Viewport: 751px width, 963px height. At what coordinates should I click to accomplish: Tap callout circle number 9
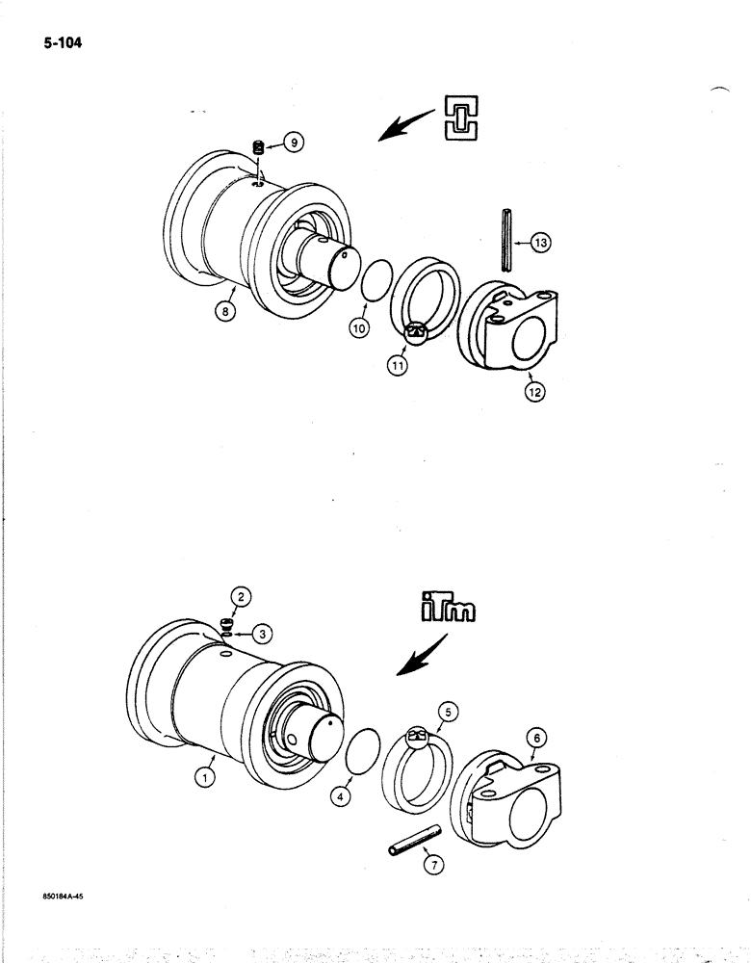click(x=294, y=143)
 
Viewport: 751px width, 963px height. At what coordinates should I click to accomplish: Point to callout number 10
click(x=357, y=327)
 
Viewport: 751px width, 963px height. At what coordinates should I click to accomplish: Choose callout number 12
click(x=534, y=390)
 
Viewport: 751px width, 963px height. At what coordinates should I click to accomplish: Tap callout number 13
click(x=541, y=244)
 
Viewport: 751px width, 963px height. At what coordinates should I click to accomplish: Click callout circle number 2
click(x=243, y=597)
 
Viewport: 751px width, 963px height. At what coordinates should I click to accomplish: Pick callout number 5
click(x=448, y=714)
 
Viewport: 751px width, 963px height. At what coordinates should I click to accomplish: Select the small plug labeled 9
click(x=258, y=147)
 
